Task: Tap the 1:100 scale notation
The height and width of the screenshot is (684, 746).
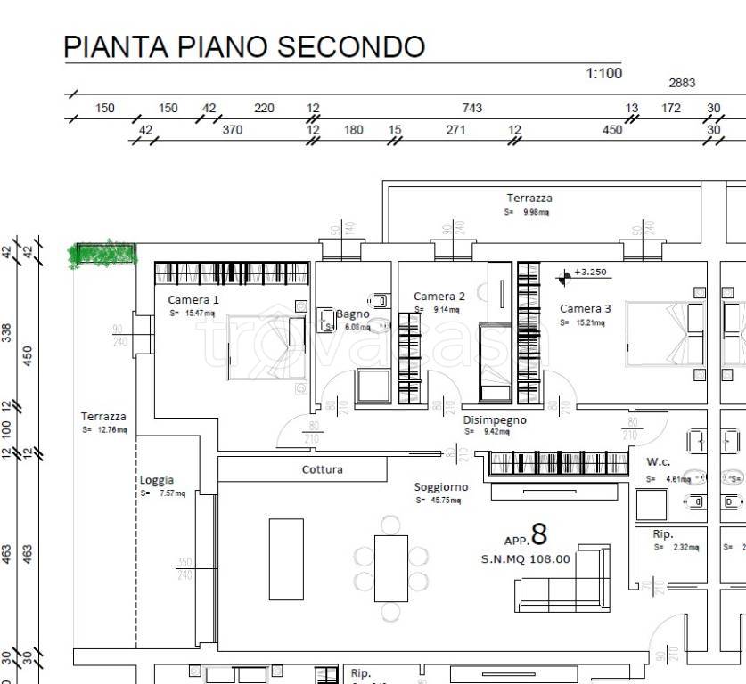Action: (603, 74)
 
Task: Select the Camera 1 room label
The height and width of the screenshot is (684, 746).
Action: (193, 300)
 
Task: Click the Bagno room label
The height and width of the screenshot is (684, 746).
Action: (352, 313)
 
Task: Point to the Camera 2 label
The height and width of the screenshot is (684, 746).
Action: (439, 297)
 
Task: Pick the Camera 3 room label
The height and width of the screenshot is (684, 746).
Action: (585, 309)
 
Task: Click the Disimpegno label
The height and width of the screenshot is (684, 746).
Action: (494, 419)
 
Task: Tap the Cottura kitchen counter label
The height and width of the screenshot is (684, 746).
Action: (322, 469)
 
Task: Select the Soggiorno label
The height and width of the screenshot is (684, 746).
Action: (441, 487)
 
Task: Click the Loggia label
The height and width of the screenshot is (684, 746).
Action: (157, 480)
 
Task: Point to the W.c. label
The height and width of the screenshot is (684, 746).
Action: (658, 462)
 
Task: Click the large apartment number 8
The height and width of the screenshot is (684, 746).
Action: (538, 534)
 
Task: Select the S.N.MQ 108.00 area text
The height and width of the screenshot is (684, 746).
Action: (524, 559)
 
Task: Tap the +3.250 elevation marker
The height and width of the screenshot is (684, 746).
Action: (589, 273)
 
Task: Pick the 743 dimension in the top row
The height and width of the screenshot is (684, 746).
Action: (471, 108)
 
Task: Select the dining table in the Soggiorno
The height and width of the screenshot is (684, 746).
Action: (390, 568)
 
